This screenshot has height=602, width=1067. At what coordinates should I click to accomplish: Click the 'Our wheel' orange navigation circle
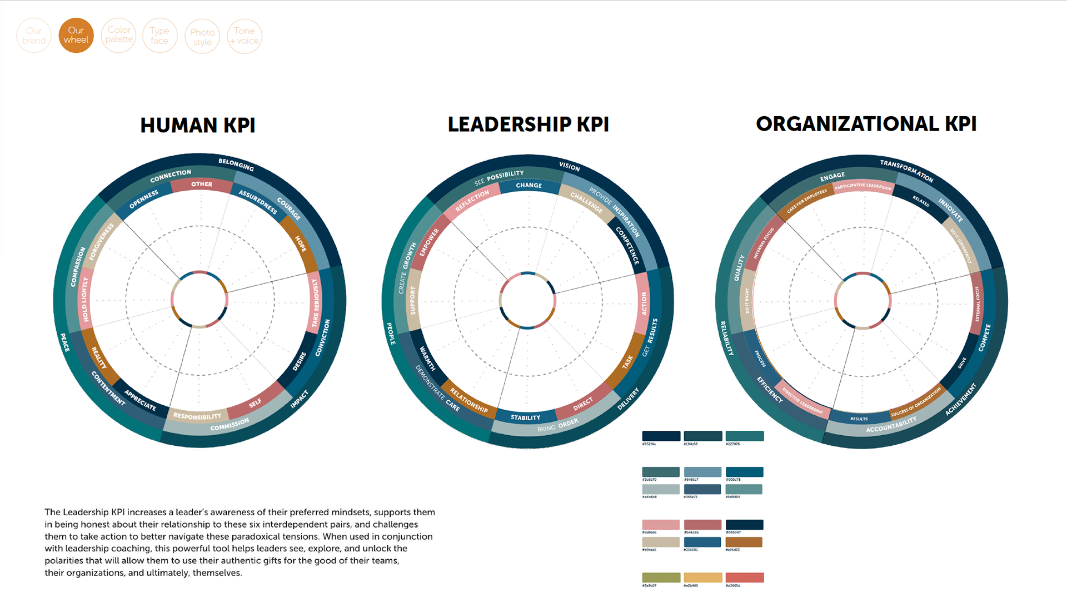point(76,36)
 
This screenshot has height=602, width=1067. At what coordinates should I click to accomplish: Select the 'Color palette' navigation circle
point(119,35)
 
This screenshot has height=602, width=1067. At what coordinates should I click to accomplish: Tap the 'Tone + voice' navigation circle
point(245,36)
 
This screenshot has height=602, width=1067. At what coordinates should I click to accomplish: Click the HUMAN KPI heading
point(198,126)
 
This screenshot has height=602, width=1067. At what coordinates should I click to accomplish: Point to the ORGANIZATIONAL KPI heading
point(866,124)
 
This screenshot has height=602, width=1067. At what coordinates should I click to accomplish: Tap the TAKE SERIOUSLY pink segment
point(315,303)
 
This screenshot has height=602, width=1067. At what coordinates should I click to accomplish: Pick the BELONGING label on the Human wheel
point(236,165)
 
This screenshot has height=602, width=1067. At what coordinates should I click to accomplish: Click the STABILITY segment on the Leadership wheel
point(525,417)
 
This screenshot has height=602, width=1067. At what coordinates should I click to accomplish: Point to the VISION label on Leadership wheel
point(569,167)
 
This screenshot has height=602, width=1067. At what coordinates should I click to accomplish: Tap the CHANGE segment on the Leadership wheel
point(528,186)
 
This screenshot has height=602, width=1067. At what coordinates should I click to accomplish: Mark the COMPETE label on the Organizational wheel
point(984,337)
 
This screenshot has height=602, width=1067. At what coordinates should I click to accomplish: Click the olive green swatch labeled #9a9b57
point(661,578)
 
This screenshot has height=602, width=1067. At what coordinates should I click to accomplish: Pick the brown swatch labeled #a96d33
point(744,542)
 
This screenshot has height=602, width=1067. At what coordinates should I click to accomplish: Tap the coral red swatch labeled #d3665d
point(744,578)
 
